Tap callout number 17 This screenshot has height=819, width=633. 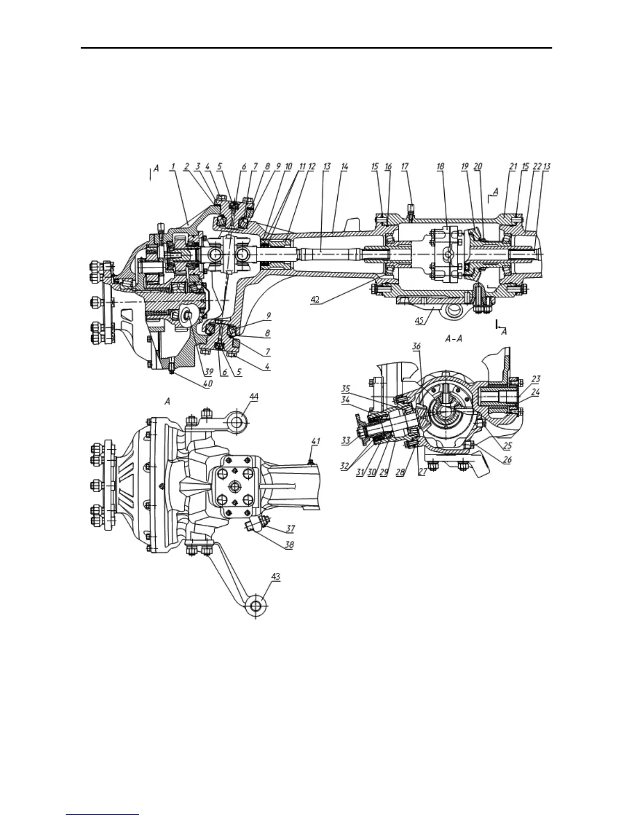pyautogui.click(x=404, y=166)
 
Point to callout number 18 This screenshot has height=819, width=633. pyautogui.click(x=440, y=166)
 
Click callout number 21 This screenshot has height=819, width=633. pyautogui.click(x=513, y=166)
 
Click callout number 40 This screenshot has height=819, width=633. pyautogui.click(x=208, y=384)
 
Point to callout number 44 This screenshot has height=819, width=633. pyautogui.click(x=254, y=396)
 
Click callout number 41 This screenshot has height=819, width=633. pyautogui.click(x=315, y=441)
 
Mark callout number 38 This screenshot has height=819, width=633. pyautogui.click(x=289, y=545)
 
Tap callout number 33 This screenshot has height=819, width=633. pyautogui.click(x=345, y=441)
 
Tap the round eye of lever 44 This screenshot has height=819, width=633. pyautogui.click(x=237, y=422)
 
